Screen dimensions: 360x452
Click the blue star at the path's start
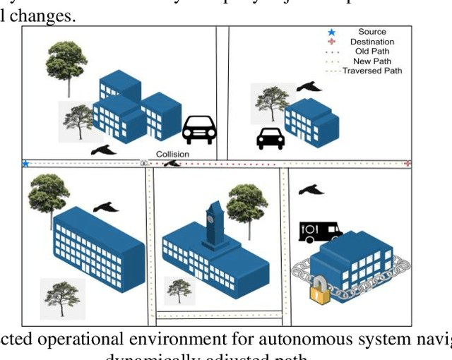(x=25, y=164)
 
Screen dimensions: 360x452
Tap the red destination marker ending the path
(x=408, y=163)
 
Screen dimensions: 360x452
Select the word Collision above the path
(x=172, y=154)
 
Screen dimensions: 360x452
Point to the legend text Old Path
(x=371, y=52)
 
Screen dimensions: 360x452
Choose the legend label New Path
(x=371, y=61)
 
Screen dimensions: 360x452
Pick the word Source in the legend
(x=372, y=32)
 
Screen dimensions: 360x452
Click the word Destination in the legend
(x=372, y=42)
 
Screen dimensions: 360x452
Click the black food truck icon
(x=319, y=232)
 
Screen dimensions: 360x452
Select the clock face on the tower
(x=210, y=219)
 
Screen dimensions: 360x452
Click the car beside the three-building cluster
(x=199, y=129)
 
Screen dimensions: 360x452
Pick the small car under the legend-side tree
(x=270, y=138)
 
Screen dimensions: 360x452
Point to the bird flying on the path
(x=172, y=164)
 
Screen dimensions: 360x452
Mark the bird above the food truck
(x=311, y=190)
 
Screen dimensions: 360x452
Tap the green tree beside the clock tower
(x=246, y=205)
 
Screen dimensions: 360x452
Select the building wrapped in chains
(x=351, y=262)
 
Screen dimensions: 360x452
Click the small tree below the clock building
(x=178, y=290)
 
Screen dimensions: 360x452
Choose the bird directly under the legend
(x=309, y=86)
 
